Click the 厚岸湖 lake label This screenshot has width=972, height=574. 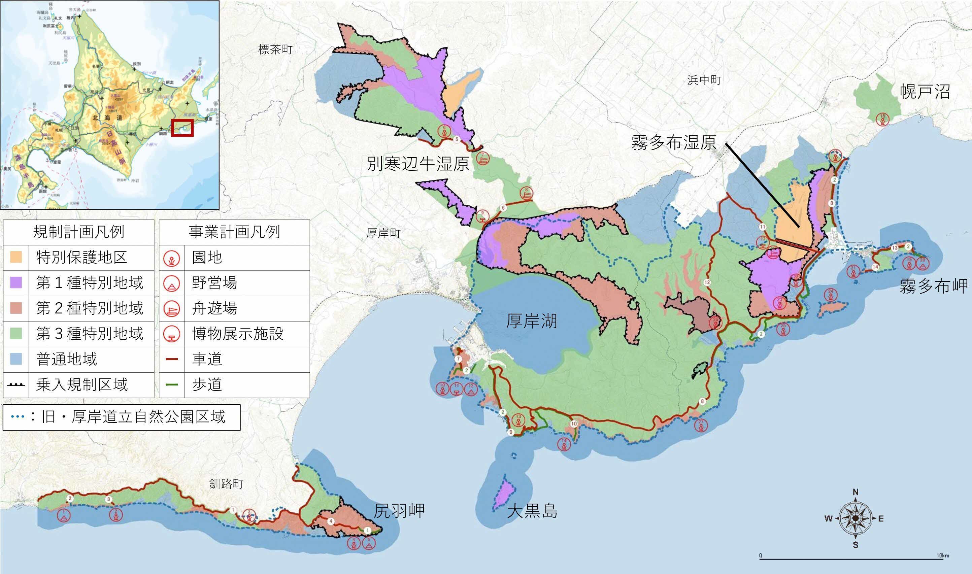532,321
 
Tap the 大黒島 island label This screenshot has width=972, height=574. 532,511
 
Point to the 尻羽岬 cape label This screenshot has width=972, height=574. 399,511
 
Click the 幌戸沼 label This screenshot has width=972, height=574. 925,92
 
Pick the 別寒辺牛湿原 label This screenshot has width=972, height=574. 418,164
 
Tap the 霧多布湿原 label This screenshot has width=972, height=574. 674,142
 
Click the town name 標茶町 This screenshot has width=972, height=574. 275,49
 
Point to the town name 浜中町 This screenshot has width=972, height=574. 704,80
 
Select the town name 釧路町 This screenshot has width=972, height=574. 226,483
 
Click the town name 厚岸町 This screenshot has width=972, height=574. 383,233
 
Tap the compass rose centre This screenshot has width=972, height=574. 856,518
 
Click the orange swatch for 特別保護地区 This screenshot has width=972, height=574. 16,257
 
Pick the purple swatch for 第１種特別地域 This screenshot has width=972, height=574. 16,283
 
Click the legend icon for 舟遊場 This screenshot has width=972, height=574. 172,309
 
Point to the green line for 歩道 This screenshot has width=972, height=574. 172,384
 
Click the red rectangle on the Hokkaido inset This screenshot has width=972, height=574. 182,128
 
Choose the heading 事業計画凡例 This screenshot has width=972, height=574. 234,232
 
